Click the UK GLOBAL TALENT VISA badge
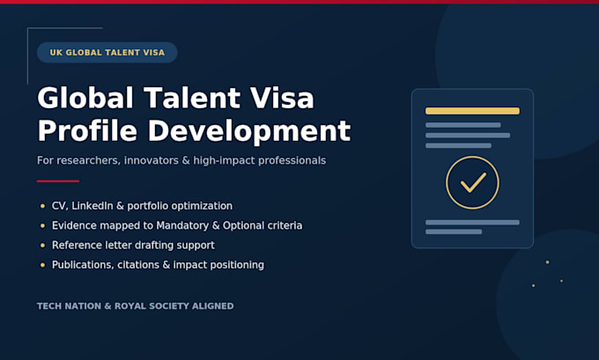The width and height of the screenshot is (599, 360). tap(107, 52)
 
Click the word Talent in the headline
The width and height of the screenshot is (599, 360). tap(193, 98)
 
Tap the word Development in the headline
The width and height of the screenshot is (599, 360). tap(249, 131)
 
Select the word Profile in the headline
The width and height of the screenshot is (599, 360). tap(87, 131)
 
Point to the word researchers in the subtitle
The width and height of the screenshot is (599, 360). tap(88, 160)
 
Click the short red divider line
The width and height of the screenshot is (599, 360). tap(58, 181)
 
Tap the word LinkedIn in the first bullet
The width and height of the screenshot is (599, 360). tap(92, 206)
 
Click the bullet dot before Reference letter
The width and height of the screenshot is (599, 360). tap(42, 246)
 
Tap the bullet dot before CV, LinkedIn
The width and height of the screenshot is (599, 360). tap(42, 206)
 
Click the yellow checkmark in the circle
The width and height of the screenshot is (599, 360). tap(473, 182)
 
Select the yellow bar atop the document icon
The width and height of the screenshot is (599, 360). tap(472, 111)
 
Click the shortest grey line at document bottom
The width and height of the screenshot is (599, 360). tap(454, 231)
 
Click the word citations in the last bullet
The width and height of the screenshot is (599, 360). tap(138, 265)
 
